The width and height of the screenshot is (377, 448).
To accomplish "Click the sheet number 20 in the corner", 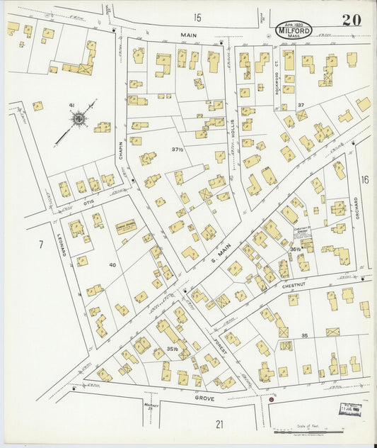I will [x=352, y=20].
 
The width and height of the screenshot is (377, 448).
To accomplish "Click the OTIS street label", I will [x=88, y=203].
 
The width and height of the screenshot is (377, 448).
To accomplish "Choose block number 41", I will [x=71, y=106].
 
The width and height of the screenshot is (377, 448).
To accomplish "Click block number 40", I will [x=112, y=264].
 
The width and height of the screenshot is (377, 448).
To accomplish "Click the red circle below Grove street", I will [x=271, y=400].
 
